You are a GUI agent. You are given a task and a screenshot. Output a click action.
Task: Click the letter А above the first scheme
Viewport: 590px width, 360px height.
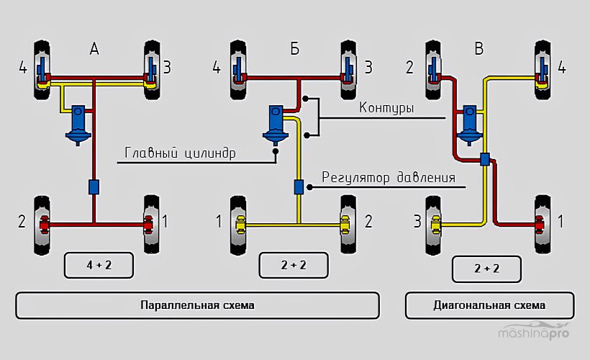(94, 50)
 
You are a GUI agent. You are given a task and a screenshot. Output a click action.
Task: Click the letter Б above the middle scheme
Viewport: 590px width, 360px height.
(294, 50)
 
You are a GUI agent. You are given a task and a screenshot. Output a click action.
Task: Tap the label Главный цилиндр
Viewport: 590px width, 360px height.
(180, 153)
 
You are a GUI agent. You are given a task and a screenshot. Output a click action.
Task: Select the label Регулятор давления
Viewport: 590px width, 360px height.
(388, 177)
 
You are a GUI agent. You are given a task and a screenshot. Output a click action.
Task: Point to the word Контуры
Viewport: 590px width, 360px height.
(386, 109)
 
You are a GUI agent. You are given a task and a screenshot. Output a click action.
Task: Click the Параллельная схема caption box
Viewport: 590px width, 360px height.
(197, 305)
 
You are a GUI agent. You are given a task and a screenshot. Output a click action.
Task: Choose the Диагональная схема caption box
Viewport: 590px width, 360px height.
(489, 305)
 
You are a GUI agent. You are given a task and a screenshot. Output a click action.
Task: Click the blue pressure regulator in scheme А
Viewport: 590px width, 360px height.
(94, 186)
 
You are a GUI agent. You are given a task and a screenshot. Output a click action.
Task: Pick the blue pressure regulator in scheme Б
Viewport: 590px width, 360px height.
(299, 187)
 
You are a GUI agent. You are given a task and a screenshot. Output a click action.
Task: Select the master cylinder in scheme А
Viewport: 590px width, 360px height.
(78, 125)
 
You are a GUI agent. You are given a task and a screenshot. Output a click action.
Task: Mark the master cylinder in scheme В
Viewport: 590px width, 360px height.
(471, 124)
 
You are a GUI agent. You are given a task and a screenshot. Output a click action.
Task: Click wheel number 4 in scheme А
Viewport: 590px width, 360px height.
(42, 71)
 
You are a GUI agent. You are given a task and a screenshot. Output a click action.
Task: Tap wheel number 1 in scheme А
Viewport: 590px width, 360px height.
(150, 223)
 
